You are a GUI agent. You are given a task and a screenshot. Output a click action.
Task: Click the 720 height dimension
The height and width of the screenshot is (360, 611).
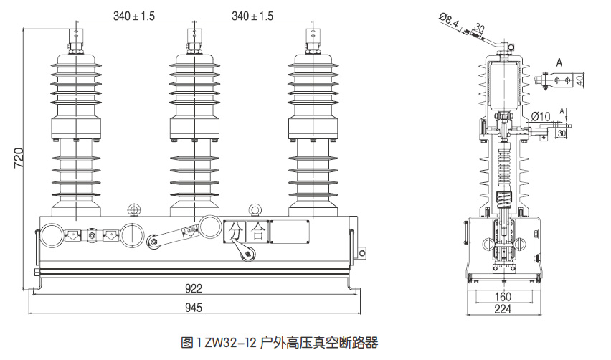(x=19, y=158)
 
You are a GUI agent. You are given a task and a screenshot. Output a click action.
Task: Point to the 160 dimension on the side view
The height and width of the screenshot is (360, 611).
(x=502, y=297)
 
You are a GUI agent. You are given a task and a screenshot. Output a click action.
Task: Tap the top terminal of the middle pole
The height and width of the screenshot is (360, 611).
(x=193, y=39)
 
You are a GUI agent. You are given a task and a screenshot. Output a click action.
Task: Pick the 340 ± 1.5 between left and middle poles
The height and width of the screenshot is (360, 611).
(x=134, y=15)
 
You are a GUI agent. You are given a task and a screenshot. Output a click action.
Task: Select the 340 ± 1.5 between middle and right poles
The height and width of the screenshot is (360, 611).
(x=252, y=15)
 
